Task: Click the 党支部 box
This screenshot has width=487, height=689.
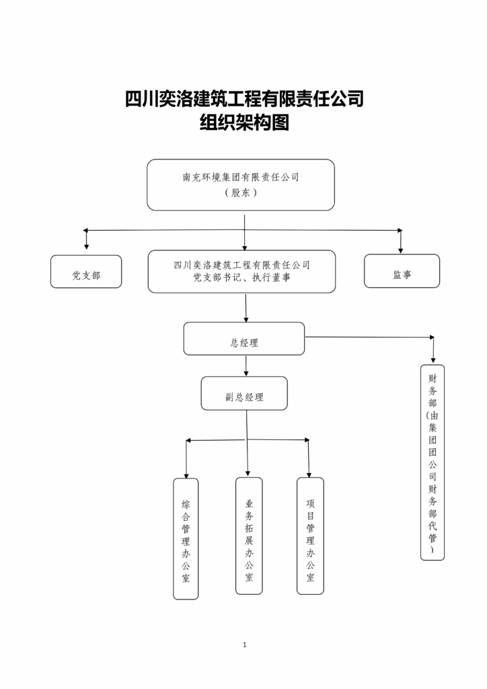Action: [x=86, y=272]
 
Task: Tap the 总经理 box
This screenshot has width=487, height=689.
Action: [x=243, y=339]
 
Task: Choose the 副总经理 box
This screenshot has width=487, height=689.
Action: [x=244, y=394]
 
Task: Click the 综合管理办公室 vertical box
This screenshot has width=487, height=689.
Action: [x=186, y=538]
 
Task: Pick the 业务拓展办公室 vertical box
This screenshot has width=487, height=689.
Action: [x=249, y=536]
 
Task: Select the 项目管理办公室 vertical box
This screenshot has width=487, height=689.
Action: [x=310, y=536]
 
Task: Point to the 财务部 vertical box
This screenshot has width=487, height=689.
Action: [x=433, y=462]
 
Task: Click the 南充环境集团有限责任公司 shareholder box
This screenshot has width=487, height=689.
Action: [x=241, y=184]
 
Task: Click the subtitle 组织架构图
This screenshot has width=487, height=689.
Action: [x=244, y=122]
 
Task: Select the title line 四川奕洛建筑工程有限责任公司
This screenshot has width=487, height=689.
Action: [x=244, y=99]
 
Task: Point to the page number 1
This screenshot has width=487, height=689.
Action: [x=244, y=645]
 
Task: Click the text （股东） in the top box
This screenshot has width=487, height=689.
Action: [x=241, y=192]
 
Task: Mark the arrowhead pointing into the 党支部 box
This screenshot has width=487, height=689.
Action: [x=86, y=248]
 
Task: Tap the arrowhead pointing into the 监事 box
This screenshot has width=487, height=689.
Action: [x=401, y=249]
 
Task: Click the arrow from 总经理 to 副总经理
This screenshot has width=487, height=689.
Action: [x=246, y=366]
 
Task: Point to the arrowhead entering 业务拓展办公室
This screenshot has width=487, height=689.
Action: [x=248, y=472]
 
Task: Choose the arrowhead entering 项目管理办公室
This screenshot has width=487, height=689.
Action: [x=309, y=473]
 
